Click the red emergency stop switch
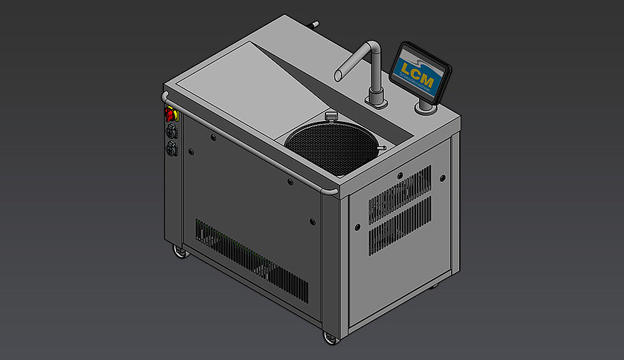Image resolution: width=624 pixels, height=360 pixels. tap(170, 115)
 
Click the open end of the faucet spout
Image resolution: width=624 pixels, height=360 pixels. tap(338, 75)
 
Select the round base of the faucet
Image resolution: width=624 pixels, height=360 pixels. tap(374, 98)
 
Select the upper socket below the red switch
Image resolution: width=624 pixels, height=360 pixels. tap(172, 131)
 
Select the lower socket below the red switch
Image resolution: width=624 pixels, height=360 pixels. tap(172, 148)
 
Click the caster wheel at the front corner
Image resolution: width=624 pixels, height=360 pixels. tap(328, 338)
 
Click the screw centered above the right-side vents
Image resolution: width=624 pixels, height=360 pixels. tap(400, 176)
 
